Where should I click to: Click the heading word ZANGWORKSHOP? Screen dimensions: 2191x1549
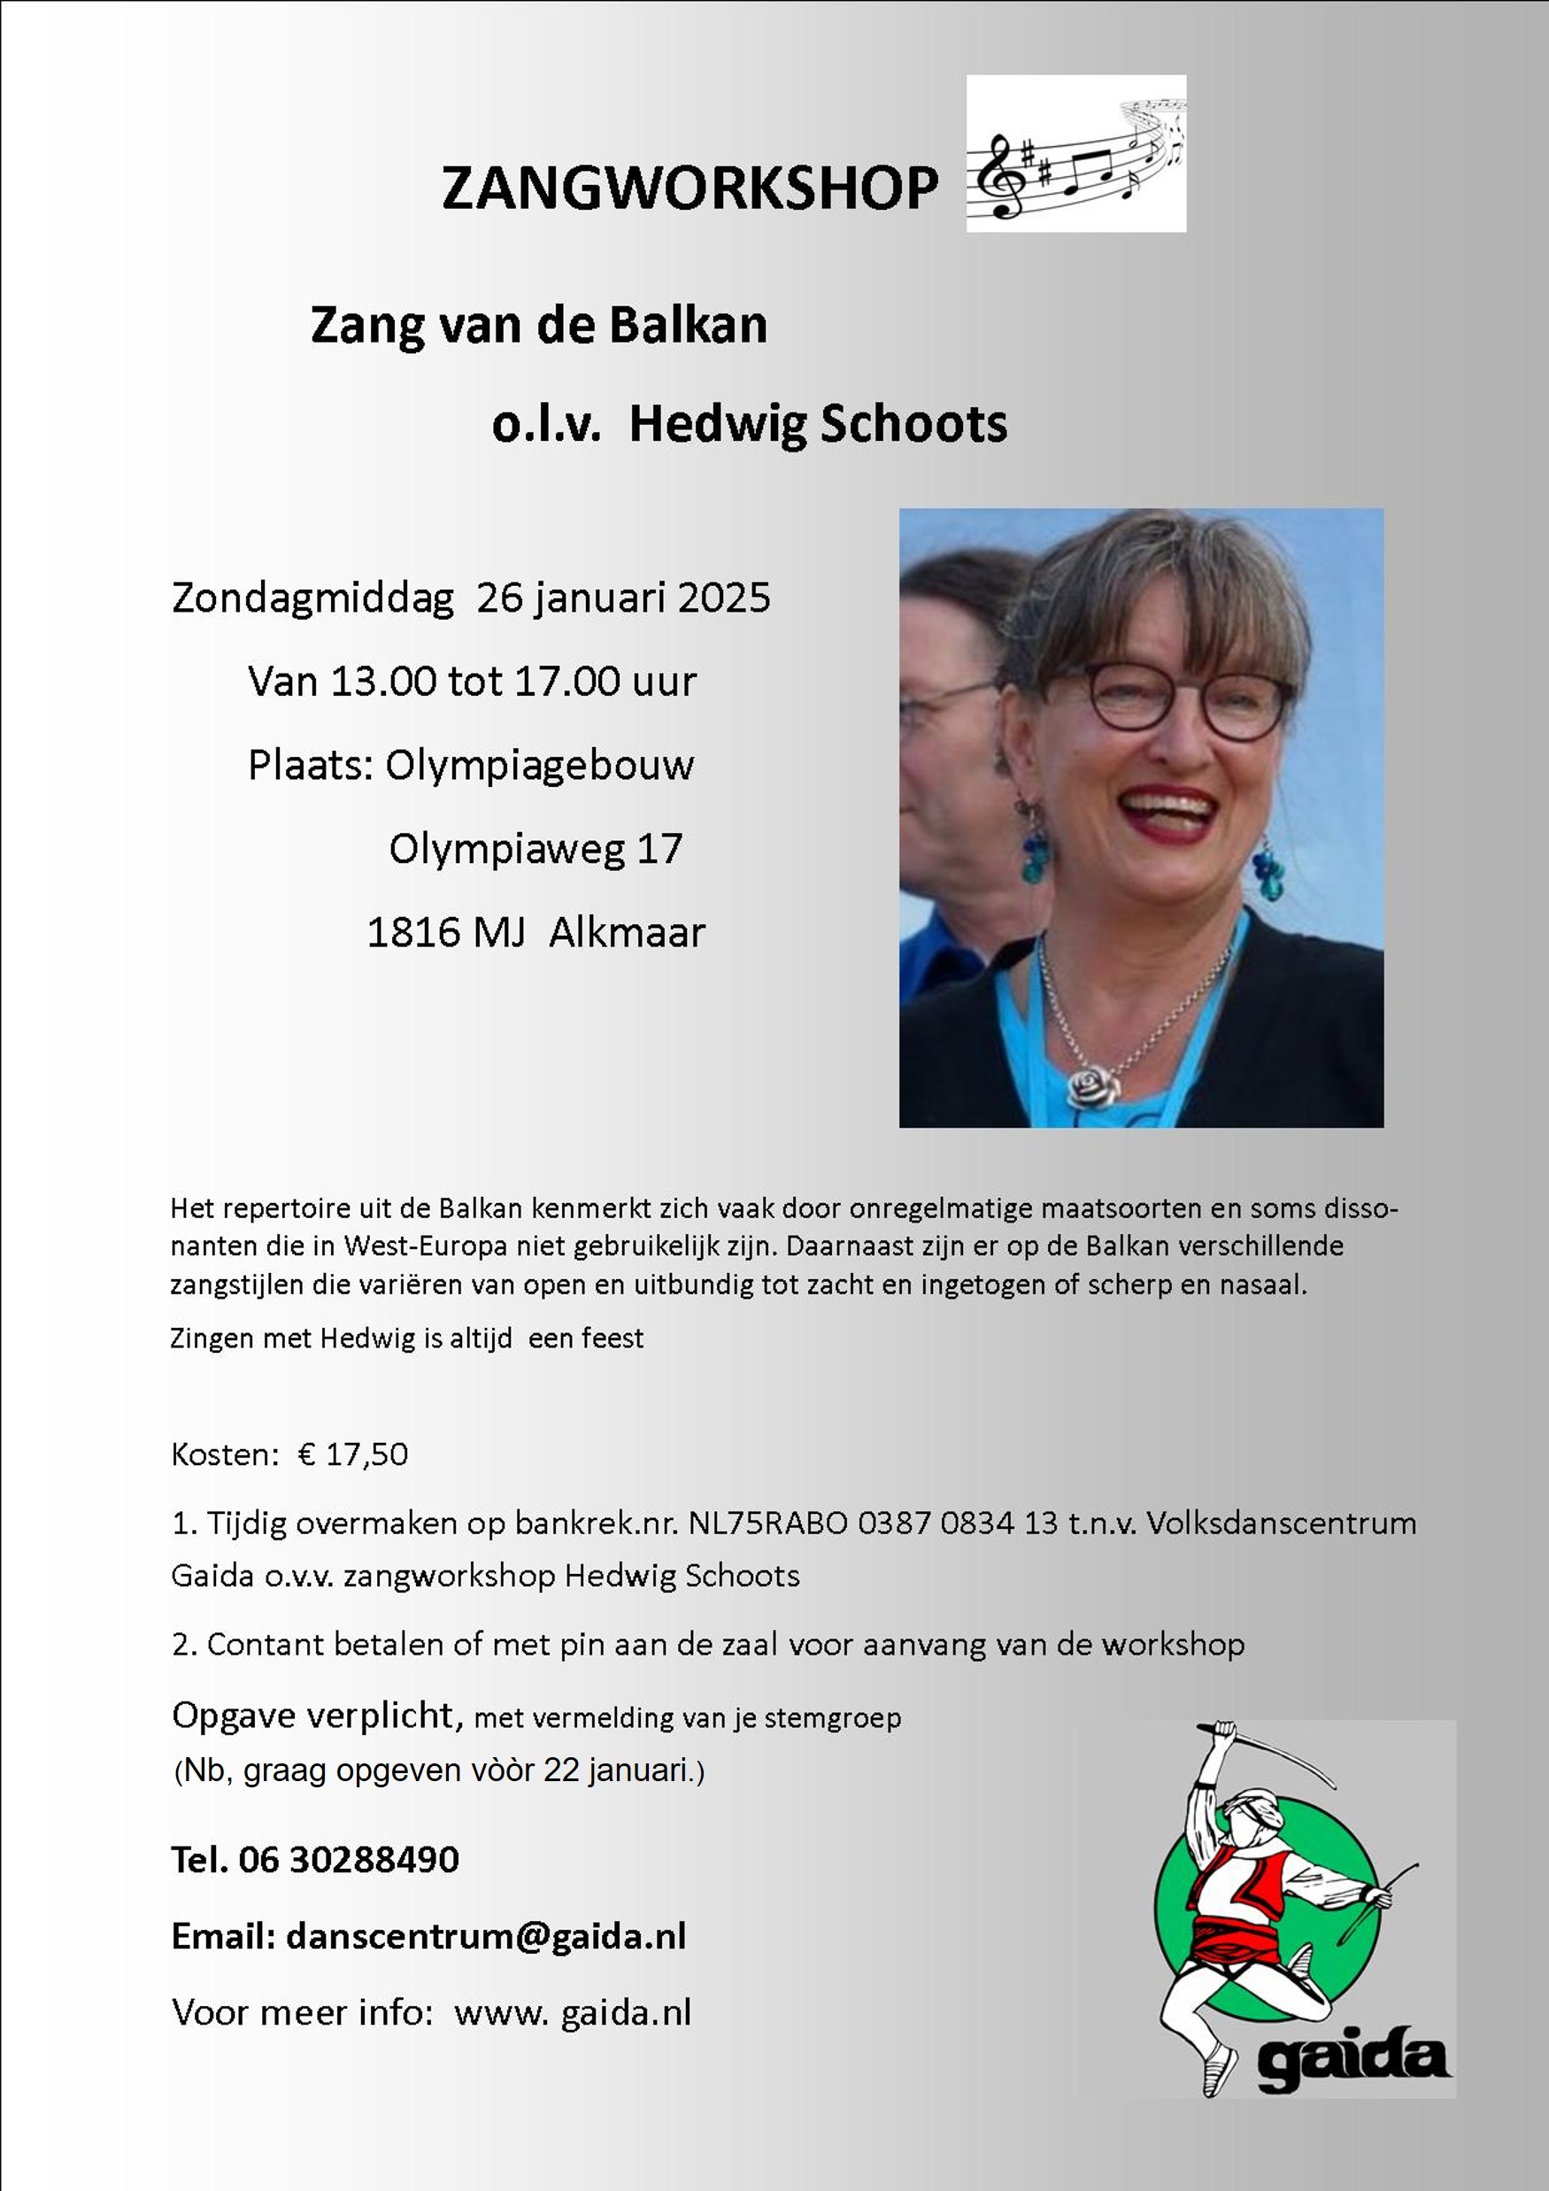point(689,187)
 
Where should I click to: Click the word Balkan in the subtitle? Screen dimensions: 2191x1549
point(688,325)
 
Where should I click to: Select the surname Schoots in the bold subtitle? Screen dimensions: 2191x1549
point(913,424)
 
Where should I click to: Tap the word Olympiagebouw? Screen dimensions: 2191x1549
point(539,766)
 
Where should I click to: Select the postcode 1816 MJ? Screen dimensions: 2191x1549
point(446,932)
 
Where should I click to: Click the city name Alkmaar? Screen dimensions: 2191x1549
point(627,932)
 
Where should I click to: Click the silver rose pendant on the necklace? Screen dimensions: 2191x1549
point(1090,1085)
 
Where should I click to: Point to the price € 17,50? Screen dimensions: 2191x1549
point(353,1454)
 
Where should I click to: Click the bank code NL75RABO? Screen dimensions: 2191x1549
point(767,1523)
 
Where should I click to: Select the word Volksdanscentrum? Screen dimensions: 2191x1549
point(1281,1523)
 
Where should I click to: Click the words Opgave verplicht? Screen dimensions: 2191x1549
point(317,1716)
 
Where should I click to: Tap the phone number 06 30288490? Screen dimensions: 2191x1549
point(349,1860)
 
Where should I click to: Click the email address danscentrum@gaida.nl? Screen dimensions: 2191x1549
point(486,1936)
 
